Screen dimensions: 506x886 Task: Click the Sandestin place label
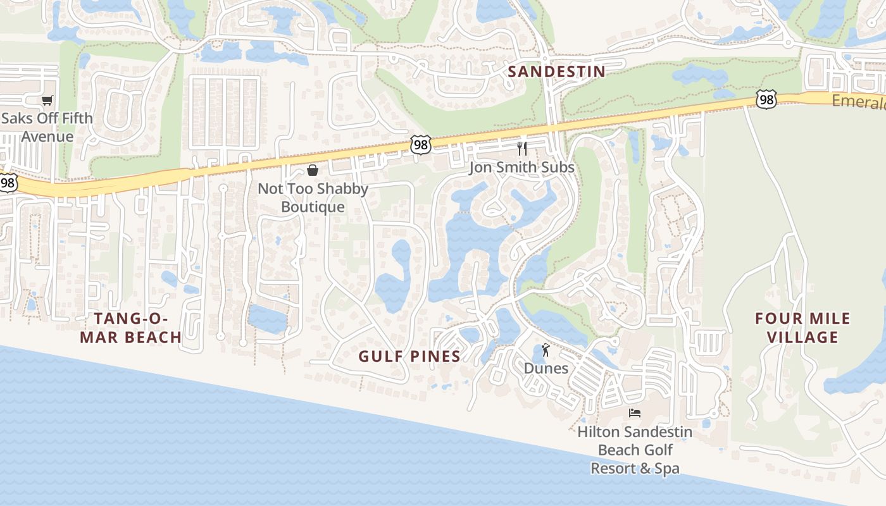point(556,71)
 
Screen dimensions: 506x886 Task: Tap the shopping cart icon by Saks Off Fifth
point(47,100)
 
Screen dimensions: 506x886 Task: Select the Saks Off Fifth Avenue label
point(47,127)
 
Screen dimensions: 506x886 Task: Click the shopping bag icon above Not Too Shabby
point(313,170)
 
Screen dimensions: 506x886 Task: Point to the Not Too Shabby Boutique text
point(313,198)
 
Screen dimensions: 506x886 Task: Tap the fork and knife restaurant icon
point(522,149)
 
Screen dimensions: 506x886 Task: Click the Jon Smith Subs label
point(521,168)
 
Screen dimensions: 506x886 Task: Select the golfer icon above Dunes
point(546,349)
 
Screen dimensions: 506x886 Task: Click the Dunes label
point(546,368)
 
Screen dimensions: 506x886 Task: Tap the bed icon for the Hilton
point(635,413)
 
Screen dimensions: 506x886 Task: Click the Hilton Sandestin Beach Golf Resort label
point(635,450)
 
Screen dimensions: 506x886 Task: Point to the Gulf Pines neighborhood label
point(409,356)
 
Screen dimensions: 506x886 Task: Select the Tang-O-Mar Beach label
point(131,328)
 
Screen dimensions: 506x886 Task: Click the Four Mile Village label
point(802,328)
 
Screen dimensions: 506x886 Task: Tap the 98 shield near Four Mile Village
point(766,99)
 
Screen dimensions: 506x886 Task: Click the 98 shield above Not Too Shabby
point(420,144)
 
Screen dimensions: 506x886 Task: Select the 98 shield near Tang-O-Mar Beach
point(8,183)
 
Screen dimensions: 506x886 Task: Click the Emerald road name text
point(858,102)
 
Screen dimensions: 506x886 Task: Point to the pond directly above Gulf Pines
point(395,278)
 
